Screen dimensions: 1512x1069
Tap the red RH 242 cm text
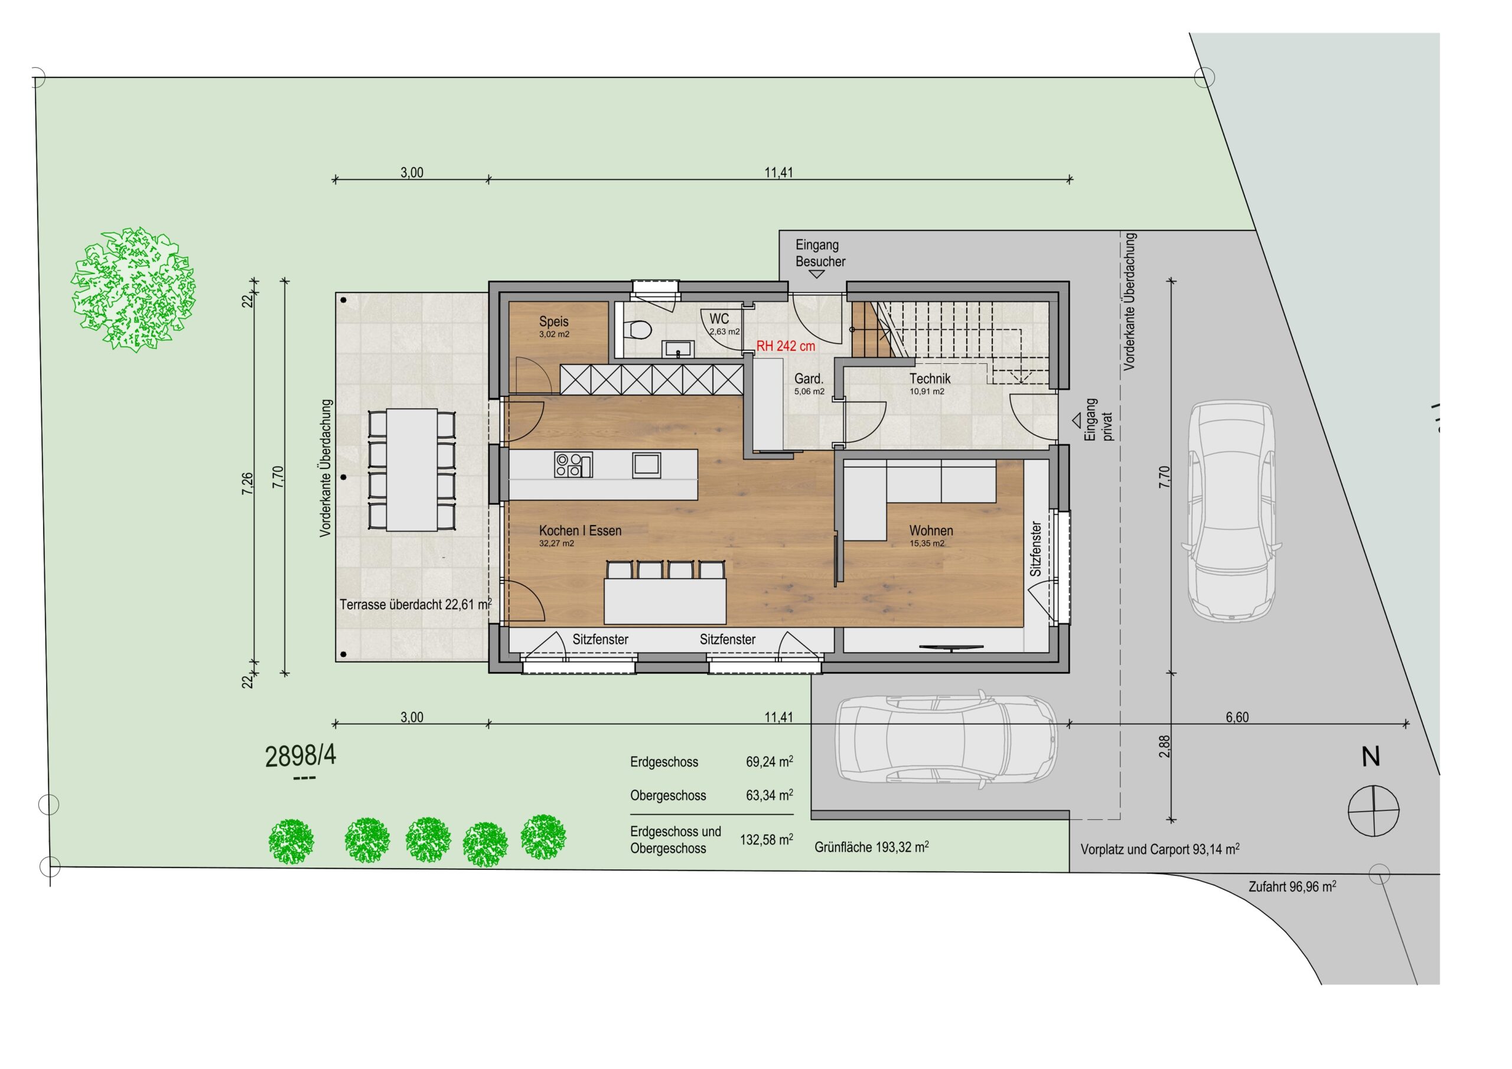786,347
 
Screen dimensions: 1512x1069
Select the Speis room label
554,321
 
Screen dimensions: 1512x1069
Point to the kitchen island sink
647,465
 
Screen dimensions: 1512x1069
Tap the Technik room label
930,379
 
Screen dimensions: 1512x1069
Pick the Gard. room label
809,379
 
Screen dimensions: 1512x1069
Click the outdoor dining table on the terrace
412,470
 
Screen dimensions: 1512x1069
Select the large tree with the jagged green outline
133,289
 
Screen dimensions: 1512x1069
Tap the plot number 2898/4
300,757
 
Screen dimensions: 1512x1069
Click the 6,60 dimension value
1237,717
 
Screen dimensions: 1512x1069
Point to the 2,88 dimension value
1165,747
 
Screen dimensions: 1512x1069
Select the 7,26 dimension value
247,484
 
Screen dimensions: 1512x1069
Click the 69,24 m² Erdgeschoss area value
769,761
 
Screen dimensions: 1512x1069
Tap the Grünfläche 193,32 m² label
871,847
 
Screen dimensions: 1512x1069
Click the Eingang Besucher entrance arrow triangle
817,275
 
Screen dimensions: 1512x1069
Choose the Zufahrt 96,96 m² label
1292,887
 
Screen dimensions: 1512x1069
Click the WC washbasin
677,348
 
